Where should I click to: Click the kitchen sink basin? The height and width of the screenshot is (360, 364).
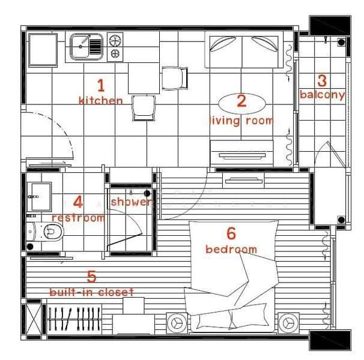click(79, 46)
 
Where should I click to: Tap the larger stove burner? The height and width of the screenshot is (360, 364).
click(115, 41)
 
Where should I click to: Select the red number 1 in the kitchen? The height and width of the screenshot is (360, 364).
click(101, 85)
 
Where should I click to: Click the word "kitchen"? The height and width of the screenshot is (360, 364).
click(101, 101)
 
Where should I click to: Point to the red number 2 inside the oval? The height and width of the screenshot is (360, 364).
click(241, 101)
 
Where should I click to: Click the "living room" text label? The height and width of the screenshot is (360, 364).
click(241, 121)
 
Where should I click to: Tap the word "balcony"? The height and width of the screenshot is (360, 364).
click(322, 95)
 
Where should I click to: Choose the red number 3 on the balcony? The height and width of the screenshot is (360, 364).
click(322, 80)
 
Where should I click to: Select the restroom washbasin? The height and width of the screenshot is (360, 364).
click(39, 197)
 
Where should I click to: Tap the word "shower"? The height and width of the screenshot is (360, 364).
click(132, 202)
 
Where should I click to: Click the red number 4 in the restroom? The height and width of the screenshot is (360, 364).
click(78, 202)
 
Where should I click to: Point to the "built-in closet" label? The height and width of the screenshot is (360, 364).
click(92, 292)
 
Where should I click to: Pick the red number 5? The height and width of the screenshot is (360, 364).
click(92, 277)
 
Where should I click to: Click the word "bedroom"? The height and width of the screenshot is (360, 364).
click(231, 249)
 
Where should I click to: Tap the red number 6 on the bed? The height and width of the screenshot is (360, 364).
click(231, 233)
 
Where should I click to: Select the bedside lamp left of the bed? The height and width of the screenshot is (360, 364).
click(177, 323)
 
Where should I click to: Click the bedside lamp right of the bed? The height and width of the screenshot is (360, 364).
click(288, 323)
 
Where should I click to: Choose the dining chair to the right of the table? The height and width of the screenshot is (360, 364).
click(175, 78)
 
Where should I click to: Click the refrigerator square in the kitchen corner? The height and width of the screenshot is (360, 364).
click(43, 50)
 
